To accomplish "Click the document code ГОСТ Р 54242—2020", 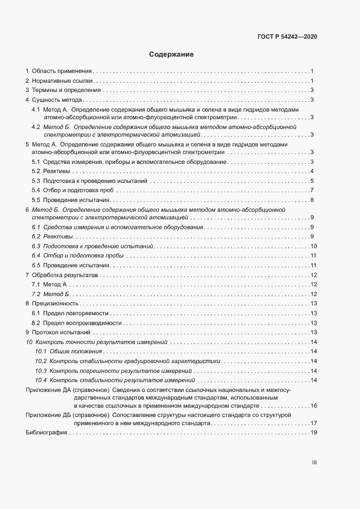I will (x=287, y=36).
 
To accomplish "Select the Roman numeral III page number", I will (x=314, y=463).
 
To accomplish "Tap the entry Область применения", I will (x=62, y=71).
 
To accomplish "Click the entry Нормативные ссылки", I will (x=62, y=81).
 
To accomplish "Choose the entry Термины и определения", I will (x=66, y=90).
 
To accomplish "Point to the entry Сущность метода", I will (x=57, y=100).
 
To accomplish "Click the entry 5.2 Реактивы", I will (x=51, y=171).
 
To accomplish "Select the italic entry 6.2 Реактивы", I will (x=52, y=236).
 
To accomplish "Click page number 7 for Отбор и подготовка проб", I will (x=312, y=190).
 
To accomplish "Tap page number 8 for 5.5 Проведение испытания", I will (x=312, y=200).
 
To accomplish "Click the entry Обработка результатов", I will (x=64, y=275).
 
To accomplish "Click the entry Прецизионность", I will (x=56, y=303).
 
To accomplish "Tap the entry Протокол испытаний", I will (x=60, y=332).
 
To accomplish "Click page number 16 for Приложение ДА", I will (x=313, y=406).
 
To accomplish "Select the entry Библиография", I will (x=46, y=432).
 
